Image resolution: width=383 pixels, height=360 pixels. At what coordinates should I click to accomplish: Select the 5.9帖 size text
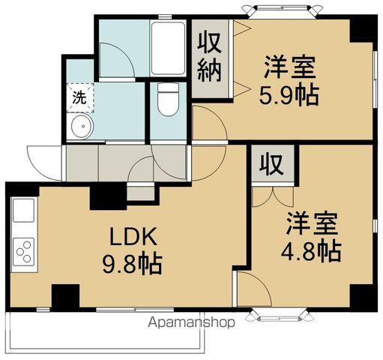tap(289, 95)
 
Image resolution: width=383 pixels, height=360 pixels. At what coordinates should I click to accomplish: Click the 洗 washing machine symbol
tap(79, 96)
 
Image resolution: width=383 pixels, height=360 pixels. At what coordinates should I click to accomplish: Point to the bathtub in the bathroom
tap(168, 49)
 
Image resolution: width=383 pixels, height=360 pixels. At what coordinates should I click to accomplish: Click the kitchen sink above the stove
tap(23, 213)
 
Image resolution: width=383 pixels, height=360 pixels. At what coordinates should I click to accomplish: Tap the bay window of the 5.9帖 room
tap(280, 10)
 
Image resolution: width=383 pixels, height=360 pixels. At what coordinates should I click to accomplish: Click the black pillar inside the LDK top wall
tap(107, 197)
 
